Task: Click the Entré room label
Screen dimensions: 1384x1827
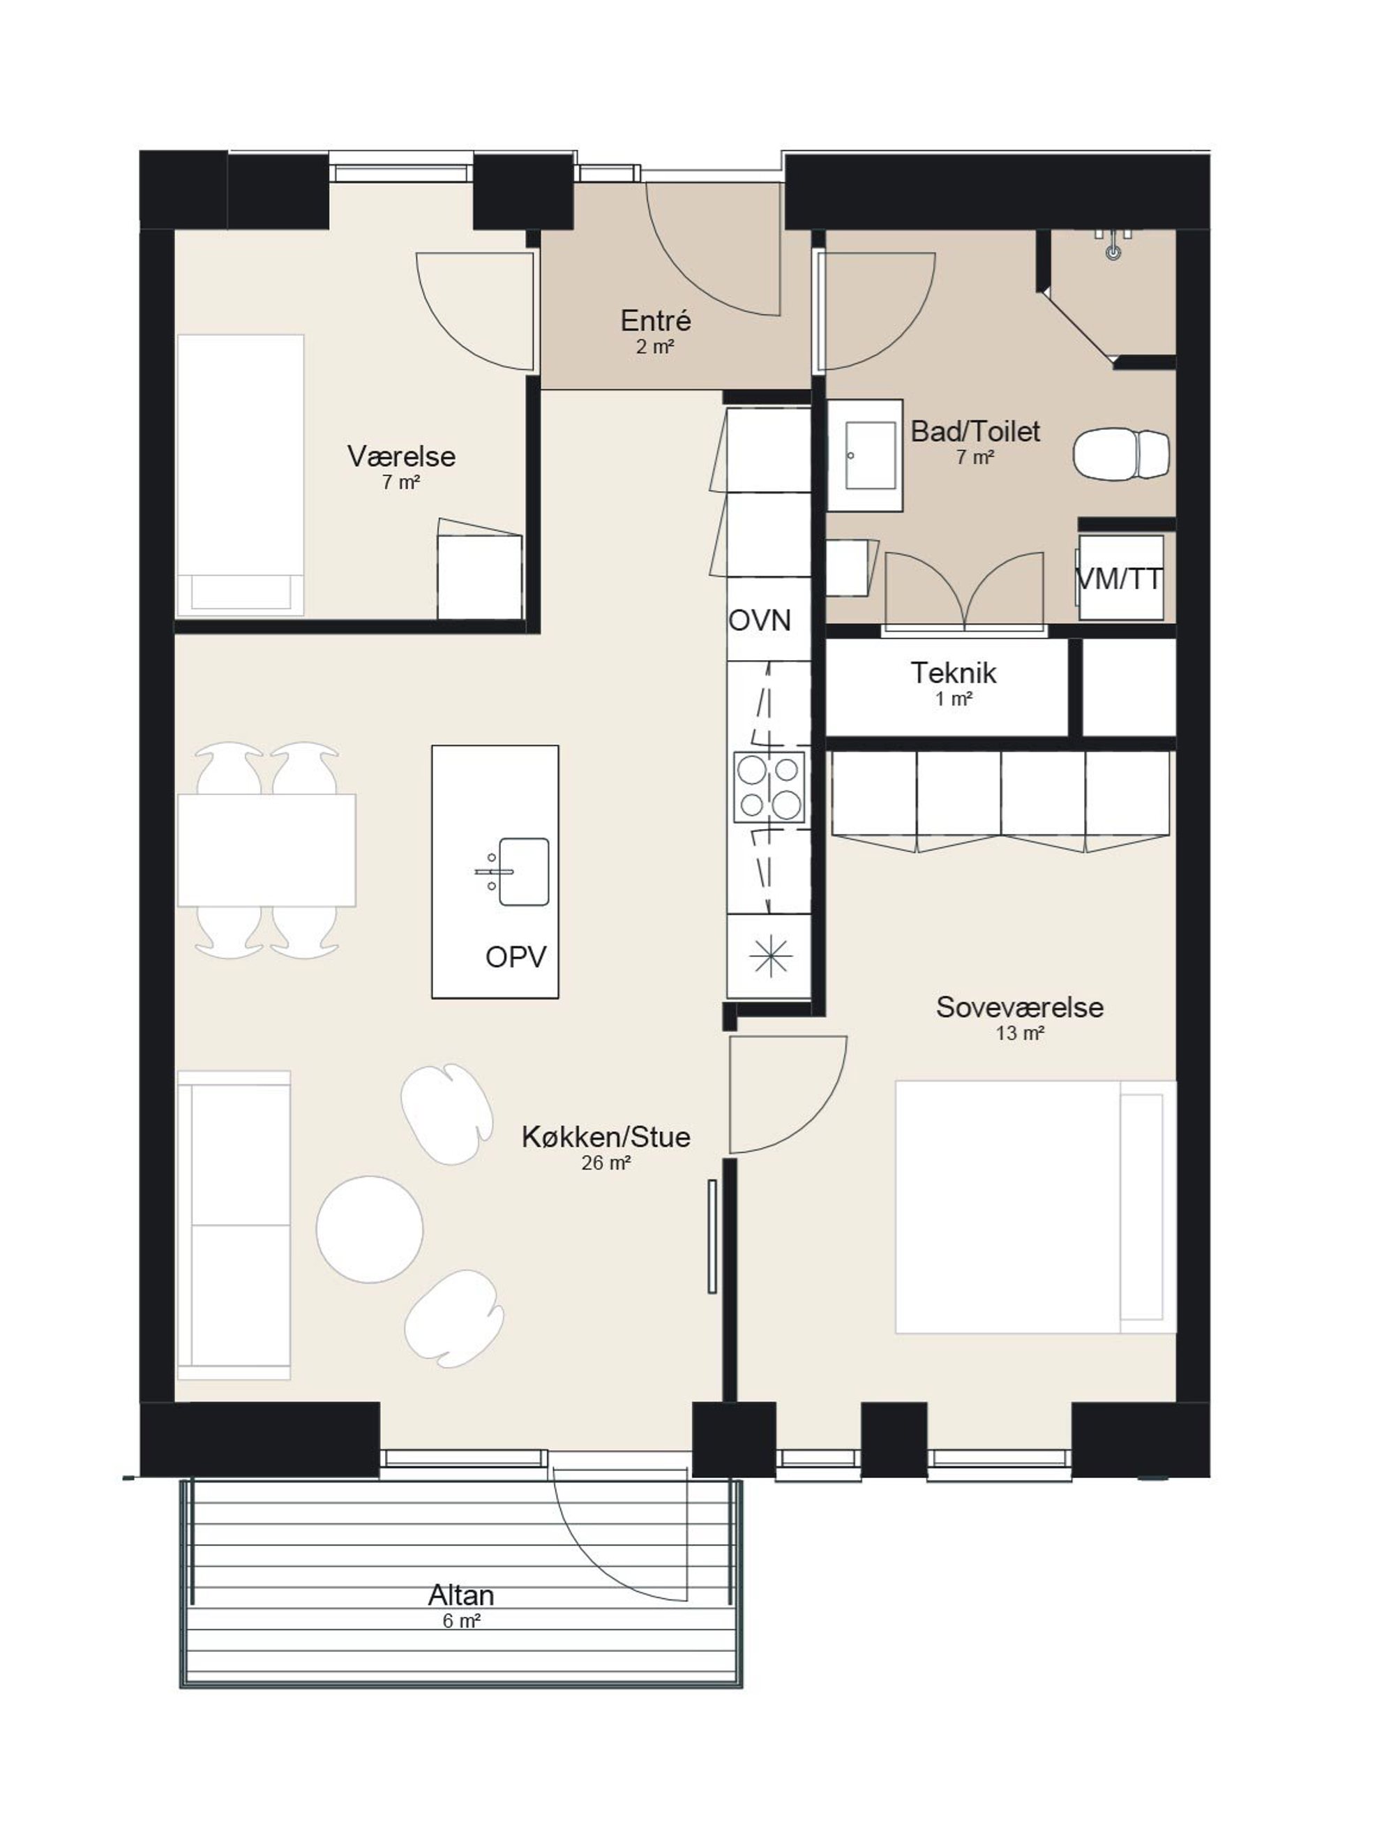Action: click(656, 320)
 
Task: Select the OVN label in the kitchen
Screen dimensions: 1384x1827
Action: click(760, 620)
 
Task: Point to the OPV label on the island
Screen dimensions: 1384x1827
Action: click(516, 957)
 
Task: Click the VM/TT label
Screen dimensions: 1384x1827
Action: click(1120, 579)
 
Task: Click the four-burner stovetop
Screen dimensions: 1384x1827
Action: click(769, 786)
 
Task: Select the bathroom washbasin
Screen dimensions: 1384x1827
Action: click(864, 455)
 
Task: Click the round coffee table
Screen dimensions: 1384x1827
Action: click(369, 1229)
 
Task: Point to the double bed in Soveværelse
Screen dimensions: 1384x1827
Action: click(1035, 1207)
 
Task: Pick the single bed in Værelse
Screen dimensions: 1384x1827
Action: click(240, 475)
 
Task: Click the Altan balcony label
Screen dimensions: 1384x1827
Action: click(461, 1595)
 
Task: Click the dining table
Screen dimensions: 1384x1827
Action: click(266, 850)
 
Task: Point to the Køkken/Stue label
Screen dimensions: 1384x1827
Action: click(606, 1137)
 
